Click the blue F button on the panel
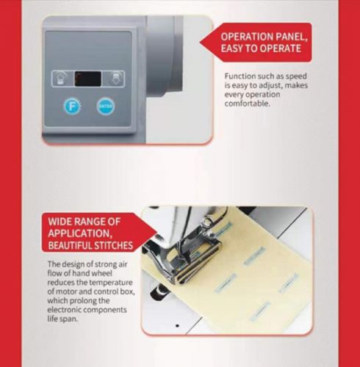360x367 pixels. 72,106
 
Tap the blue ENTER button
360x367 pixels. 106,106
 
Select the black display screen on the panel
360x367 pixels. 88,79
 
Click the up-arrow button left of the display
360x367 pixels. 60,79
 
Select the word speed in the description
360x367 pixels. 296,76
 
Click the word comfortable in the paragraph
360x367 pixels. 248,103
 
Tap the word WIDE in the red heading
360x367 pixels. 60,222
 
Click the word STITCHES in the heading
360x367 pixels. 113,245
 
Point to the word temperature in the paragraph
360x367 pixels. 111,283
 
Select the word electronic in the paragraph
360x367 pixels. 64,310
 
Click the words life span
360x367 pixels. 62,319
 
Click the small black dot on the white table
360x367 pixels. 177,326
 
